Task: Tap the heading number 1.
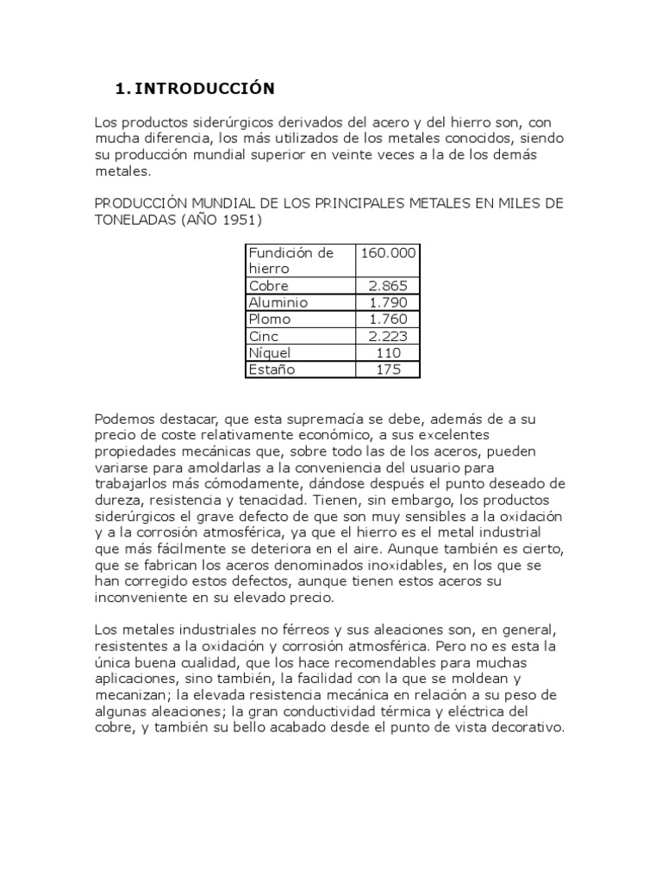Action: coord(122,89)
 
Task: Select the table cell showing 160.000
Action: coord(388,252)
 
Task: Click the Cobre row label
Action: coord(268,286)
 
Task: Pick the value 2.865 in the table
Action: coord(388,286)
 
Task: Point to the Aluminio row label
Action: coord(278,302)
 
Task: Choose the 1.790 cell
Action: coord(388,302)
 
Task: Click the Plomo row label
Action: coord(269,320)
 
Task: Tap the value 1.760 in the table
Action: coord(388,320)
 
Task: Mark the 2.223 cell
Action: coord(388,336)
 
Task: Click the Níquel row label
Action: coord(270,353)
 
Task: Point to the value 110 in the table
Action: coord(389,353)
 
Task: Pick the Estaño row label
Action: coord(272,370)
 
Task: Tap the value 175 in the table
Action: coord(389,370)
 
